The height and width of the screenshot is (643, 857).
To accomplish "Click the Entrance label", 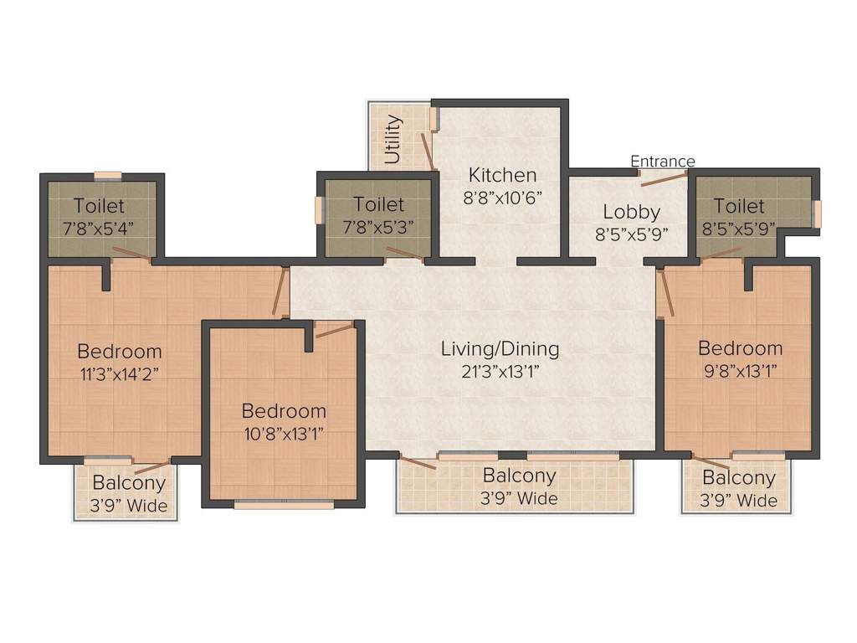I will point(662,161).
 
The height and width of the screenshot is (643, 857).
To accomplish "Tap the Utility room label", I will point(393,139).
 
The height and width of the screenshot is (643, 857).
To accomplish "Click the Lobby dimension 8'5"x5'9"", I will point(632,234).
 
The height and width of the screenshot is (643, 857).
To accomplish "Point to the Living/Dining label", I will point(500,348).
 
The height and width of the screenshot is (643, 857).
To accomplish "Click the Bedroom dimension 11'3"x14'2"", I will point(119,373).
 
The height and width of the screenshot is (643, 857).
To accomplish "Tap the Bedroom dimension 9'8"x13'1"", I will point(740,370).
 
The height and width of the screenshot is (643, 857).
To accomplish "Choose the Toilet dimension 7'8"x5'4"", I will point(99,227).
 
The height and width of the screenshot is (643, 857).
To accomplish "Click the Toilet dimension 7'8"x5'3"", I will point(378,226).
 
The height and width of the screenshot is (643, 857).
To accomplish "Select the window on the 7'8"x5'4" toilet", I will point(107,176).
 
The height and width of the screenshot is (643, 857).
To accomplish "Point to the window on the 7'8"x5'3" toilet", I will point(318,210).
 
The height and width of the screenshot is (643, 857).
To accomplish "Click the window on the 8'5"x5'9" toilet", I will point(818,213).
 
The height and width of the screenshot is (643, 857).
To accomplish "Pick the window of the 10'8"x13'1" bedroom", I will point(284,505).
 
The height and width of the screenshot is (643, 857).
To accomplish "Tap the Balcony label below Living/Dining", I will point(519,476).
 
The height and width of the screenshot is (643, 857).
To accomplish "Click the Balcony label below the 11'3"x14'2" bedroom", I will point(129,483).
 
